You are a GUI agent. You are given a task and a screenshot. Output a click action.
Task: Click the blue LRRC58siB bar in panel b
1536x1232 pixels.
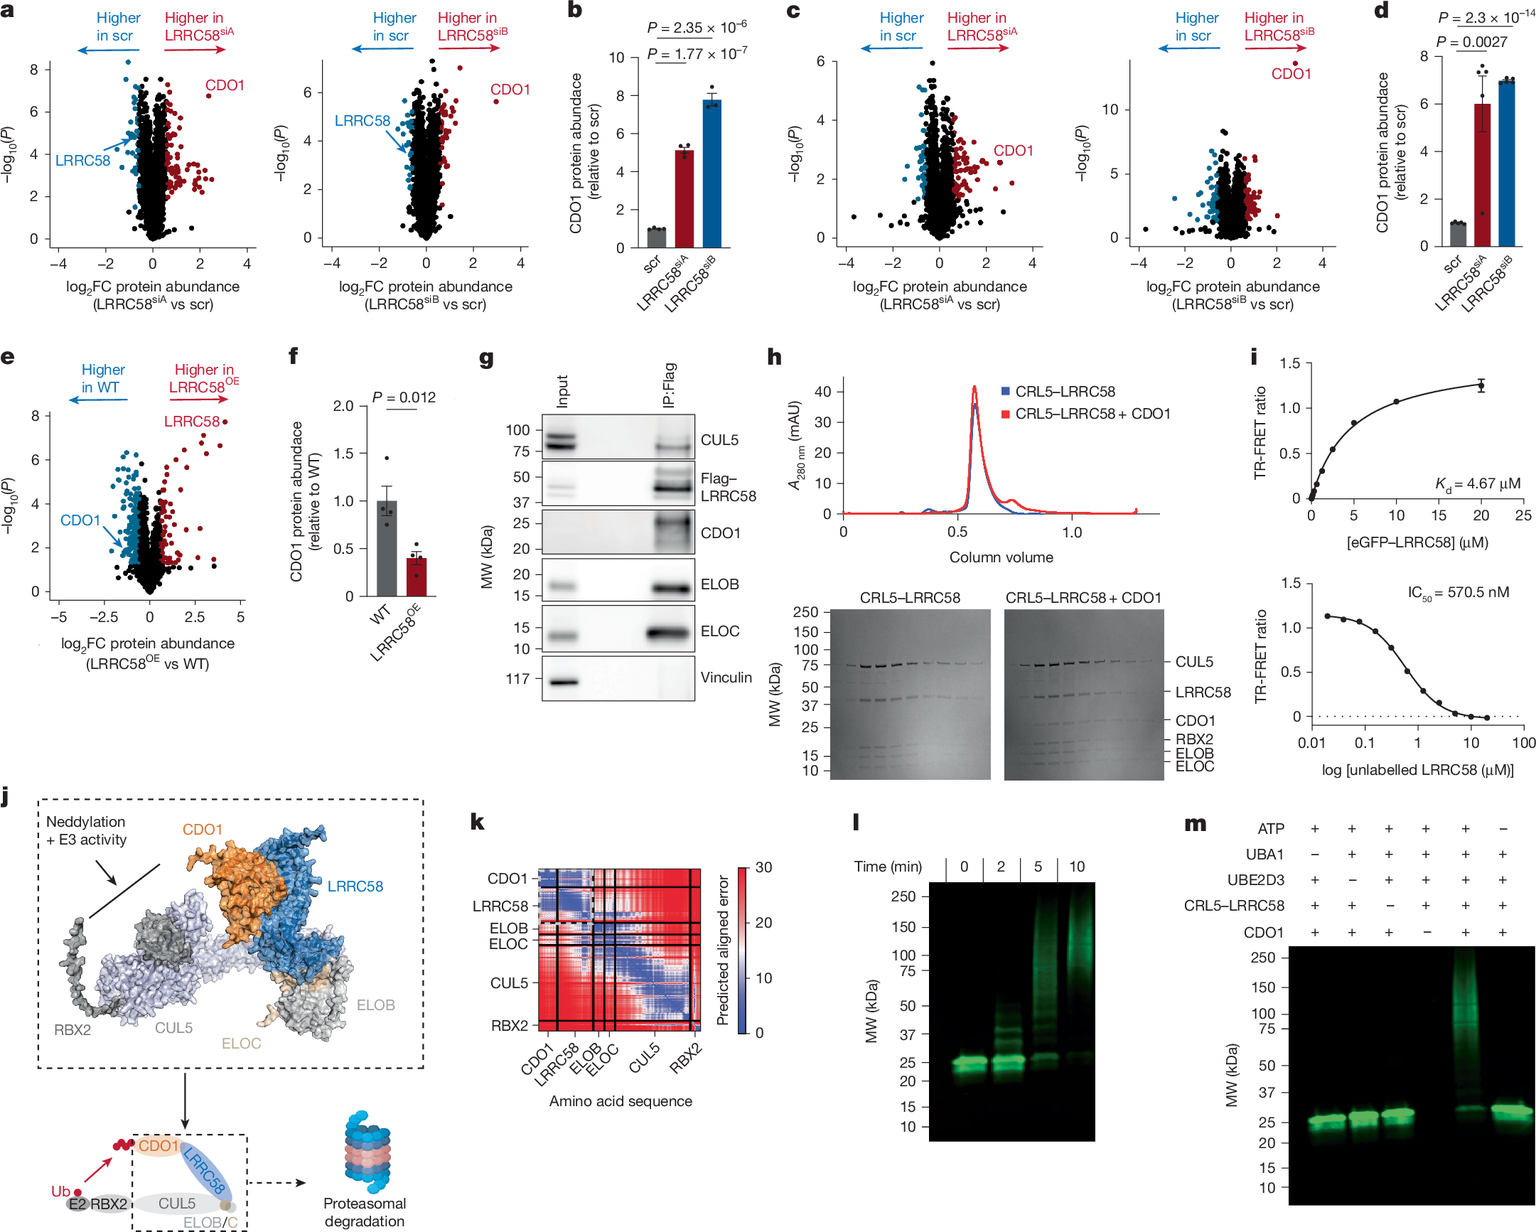point(711,175)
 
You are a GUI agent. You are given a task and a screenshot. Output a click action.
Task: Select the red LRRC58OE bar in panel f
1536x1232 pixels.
point(416,577)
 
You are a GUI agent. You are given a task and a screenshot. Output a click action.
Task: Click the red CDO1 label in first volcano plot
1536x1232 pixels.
point(225,85)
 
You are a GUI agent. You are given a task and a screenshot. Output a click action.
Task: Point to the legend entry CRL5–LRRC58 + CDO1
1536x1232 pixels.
point(1092,414)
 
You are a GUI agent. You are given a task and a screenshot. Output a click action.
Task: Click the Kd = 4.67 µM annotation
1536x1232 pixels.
point(1477,485)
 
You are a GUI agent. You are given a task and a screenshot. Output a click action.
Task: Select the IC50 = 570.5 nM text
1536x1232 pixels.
point(1458,593)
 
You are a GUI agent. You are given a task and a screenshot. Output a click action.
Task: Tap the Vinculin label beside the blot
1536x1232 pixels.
point(725,677)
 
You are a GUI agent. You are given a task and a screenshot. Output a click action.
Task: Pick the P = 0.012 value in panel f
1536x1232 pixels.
point(403,397)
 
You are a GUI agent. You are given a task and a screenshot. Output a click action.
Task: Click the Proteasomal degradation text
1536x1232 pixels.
point(364,1211)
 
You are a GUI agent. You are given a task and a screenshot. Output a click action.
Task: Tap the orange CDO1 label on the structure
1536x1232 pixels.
point(203,830)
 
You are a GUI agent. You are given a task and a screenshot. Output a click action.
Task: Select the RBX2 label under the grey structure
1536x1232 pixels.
point(72,1029)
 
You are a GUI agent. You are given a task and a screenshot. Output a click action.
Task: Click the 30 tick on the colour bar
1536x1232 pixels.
point(763,867)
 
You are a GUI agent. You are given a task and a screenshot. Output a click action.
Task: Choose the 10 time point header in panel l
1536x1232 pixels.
point(1076,867)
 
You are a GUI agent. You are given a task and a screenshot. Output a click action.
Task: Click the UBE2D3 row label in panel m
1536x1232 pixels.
point(1255,880)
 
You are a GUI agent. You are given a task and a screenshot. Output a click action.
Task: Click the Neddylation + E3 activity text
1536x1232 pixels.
point(86,831)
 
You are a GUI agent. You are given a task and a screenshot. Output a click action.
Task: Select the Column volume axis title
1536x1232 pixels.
point(1000,557)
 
